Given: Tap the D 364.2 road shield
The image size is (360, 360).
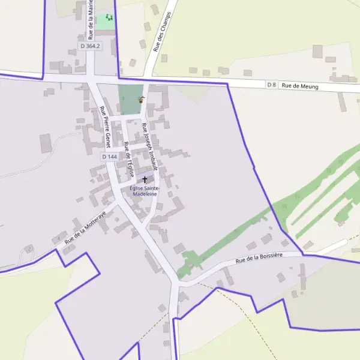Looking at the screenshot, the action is (90, 46).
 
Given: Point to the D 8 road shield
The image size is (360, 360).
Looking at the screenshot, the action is (272, 85).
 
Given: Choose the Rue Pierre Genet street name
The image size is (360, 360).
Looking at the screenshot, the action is (105, 127).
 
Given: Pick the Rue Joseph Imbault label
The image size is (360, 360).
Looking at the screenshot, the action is (149, 146).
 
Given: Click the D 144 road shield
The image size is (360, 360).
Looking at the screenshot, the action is (109, 157).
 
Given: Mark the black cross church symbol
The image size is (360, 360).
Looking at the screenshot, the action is (144, 179).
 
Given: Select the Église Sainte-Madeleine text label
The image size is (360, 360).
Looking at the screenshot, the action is (145, 191).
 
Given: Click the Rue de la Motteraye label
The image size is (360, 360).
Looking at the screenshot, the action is (85, 227).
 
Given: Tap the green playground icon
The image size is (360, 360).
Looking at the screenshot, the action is (108, 17).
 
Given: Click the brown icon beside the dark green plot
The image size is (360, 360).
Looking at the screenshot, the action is (142, 100).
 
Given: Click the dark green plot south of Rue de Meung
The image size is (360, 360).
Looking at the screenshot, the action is (128, 99).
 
